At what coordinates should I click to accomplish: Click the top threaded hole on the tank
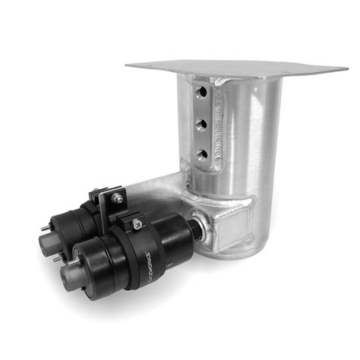pyautogui.click(x=202, y=93)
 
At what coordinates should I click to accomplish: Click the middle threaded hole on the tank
pyautogui.click(x=202, y=124)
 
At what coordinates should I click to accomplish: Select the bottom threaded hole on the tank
pyautogui.click(x=202, y=154)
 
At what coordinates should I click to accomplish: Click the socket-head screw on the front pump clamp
pyautogui.click(x=136, y=224)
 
